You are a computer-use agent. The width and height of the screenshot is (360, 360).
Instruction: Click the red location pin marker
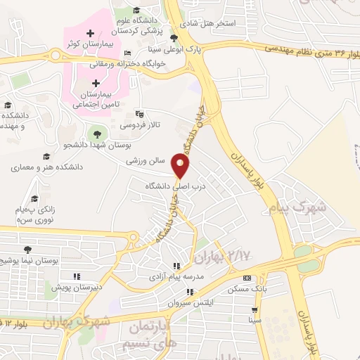(x=181, y=167)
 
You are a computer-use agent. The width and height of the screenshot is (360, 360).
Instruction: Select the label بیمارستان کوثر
(x=89, y=44)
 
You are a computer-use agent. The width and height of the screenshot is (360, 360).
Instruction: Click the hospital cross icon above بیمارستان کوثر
(x=90, y=33)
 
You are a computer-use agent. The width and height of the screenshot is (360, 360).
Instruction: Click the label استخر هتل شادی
(x=209, y=23)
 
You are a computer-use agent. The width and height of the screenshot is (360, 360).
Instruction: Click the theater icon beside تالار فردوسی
(x=139, y=112)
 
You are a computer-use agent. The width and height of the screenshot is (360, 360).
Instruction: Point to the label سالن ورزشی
(x=144, y=160)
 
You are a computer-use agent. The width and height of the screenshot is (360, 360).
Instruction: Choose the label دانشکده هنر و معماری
(x=47, y=168)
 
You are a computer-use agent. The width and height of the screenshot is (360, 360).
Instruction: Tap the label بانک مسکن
(x=243, y=289)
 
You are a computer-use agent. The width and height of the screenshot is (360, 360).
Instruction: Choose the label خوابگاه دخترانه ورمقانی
(x=127, y=63)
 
